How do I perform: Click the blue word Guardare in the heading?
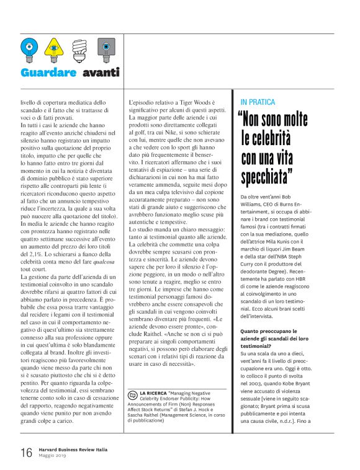point(49,73)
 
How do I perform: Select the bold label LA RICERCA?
point(153,392)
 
